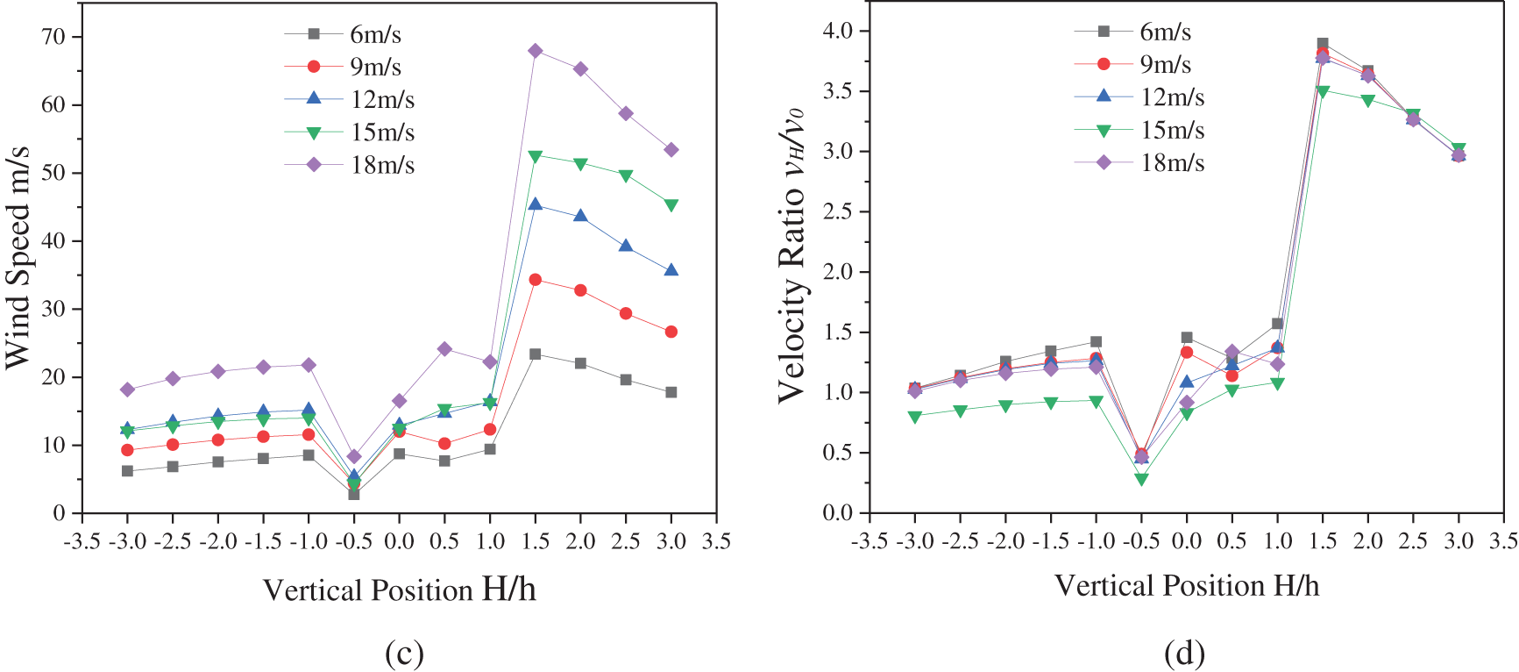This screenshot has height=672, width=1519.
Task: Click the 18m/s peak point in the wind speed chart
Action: coord(535,51)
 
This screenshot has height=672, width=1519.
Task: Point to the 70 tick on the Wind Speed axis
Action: coord(53,37)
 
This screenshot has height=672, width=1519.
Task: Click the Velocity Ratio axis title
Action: coord(791,254)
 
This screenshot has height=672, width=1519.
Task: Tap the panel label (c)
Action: coord(404,653)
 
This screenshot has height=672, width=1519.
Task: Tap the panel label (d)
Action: coord(1184,653)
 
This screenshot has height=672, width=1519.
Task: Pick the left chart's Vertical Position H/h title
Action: coord(399,590)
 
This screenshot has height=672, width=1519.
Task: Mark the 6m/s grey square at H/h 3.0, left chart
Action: coord(671,392)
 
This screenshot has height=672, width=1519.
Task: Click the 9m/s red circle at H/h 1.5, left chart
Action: coord(535,280)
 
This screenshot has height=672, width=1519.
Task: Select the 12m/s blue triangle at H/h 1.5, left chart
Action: coord(535,204)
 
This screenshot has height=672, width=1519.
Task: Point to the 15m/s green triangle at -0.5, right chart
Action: coord(1141,479)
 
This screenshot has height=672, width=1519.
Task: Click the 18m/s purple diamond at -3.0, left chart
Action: coord(127,390)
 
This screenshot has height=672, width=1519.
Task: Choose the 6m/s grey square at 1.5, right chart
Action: coord(1323,43)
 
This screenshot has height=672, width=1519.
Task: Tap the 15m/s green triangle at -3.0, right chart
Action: coord(915,417)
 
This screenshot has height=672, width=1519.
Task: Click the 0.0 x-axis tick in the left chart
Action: coord(399,541)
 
